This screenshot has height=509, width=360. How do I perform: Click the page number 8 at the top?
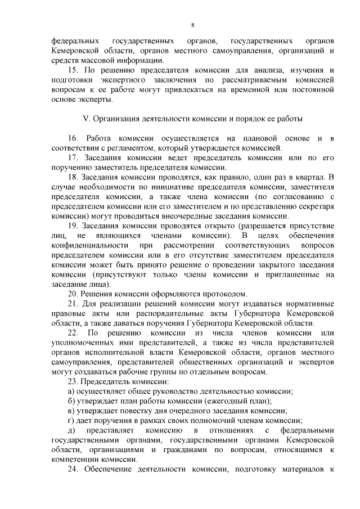coord(192,25)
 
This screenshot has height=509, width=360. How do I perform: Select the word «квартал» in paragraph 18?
coord(309,177)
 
